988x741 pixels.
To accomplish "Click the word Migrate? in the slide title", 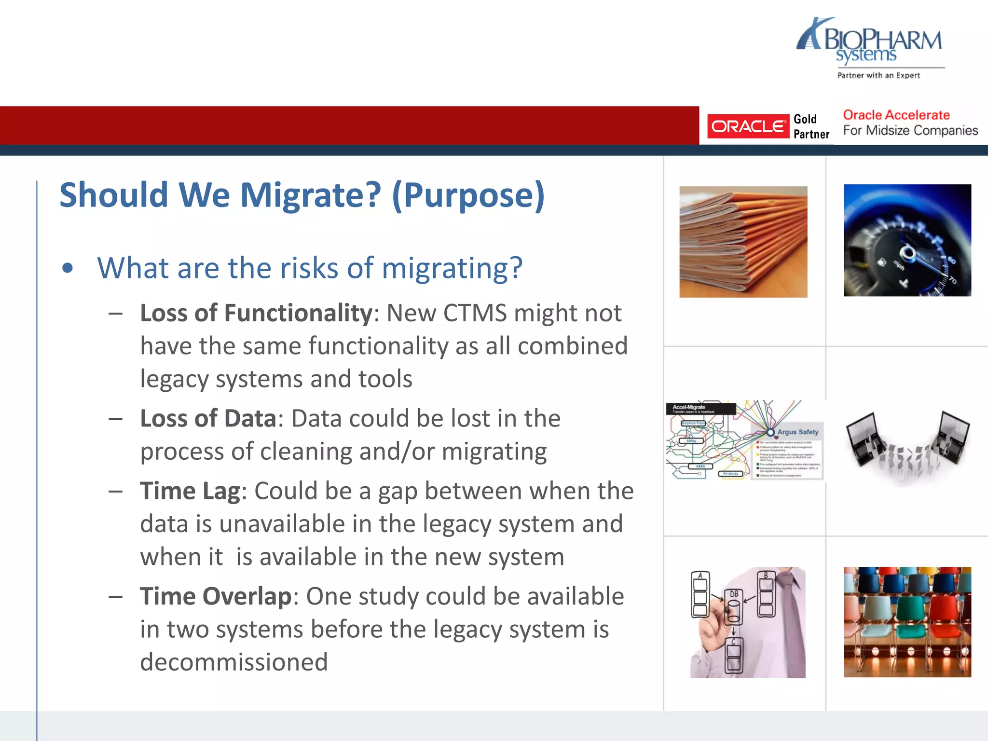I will [310, 195].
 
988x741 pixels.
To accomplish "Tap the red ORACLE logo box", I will [748, 126].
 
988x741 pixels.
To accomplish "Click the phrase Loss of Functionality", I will [256, 313].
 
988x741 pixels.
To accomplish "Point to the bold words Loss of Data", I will [208, 418].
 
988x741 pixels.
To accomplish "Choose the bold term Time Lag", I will [190, 491].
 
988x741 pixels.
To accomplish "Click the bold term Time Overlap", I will [216, 596].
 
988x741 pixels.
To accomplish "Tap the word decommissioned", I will [234, 662].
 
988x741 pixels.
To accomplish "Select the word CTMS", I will [475, 313].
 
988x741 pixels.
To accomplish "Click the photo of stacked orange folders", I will [743, 242].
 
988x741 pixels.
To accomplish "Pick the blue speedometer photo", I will [907, 240].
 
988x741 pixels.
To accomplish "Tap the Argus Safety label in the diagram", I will [797, 432].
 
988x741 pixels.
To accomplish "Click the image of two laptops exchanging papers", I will [907, 444].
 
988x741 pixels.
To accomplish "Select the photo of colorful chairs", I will [907, 622].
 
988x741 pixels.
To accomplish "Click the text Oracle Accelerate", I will [896, 115].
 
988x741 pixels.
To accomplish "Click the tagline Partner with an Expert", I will [878, 76].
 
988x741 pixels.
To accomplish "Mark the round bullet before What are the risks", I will [68, 268].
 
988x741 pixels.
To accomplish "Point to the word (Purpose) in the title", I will [468, 195].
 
